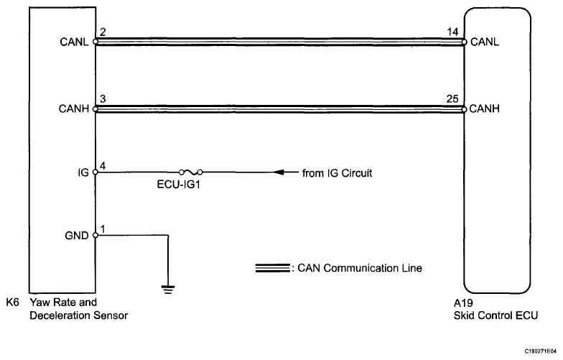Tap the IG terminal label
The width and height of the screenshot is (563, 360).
coord(84,172)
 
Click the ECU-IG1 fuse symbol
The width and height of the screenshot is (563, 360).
coord(192,172)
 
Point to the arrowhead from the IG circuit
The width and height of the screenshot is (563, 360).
coord(281,172)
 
